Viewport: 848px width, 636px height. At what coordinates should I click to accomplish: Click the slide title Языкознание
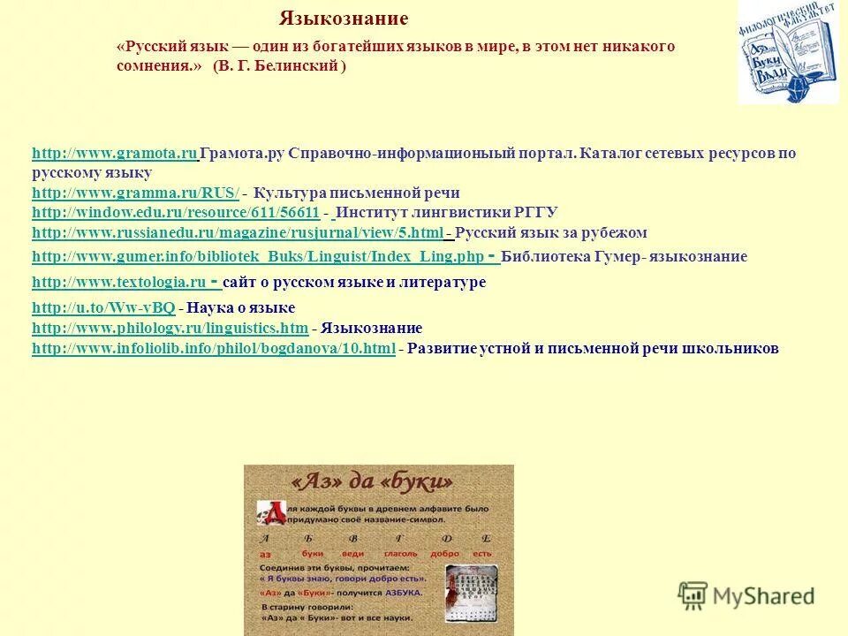tap(344, 19)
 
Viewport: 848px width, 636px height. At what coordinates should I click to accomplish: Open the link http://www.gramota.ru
tap(114, 154)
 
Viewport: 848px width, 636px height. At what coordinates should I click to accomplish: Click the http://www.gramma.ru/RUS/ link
tap(135, 193)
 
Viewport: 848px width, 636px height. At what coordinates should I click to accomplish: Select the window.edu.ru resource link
tap(175, 213)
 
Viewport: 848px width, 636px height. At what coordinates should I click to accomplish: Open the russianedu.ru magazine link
tap(237, 233)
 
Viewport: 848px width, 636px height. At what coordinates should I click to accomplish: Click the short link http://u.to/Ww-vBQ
tap(103, 308)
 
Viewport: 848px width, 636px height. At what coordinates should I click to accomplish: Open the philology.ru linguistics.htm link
tap(170, 329)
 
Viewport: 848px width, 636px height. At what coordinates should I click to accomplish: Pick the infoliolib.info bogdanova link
tap(213, 349)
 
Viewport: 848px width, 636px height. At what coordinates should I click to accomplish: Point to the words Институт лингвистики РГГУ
tap(447, 213)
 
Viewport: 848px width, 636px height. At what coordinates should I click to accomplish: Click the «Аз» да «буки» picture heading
tap(372, 482)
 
